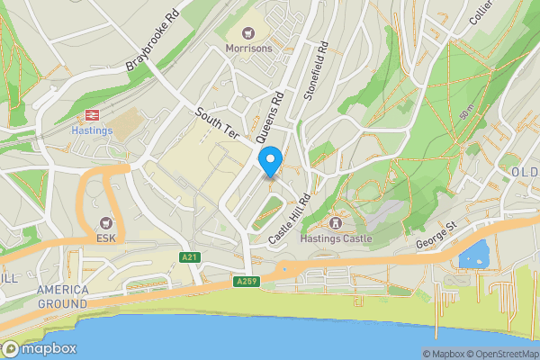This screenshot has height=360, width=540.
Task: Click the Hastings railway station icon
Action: (x=91, y=115)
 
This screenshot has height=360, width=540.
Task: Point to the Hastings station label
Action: (x=91, y=130)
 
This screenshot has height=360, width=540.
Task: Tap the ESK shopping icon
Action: (x=107, y=223)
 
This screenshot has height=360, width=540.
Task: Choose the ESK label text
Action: (x=107, y=238)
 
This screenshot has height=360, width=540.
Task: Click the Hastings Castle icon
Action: (x=337, y=222)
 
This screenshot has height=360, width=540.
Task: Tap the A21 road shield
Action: (x=188, y=258)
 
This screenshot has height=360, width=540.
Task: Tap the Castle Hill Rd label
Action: (x=291, y=220)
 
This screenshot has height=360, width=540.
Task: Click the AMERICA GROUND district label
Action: (x=63, y=296)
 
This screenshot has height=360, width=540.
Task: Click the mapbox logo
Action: (x=40, y=349)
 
